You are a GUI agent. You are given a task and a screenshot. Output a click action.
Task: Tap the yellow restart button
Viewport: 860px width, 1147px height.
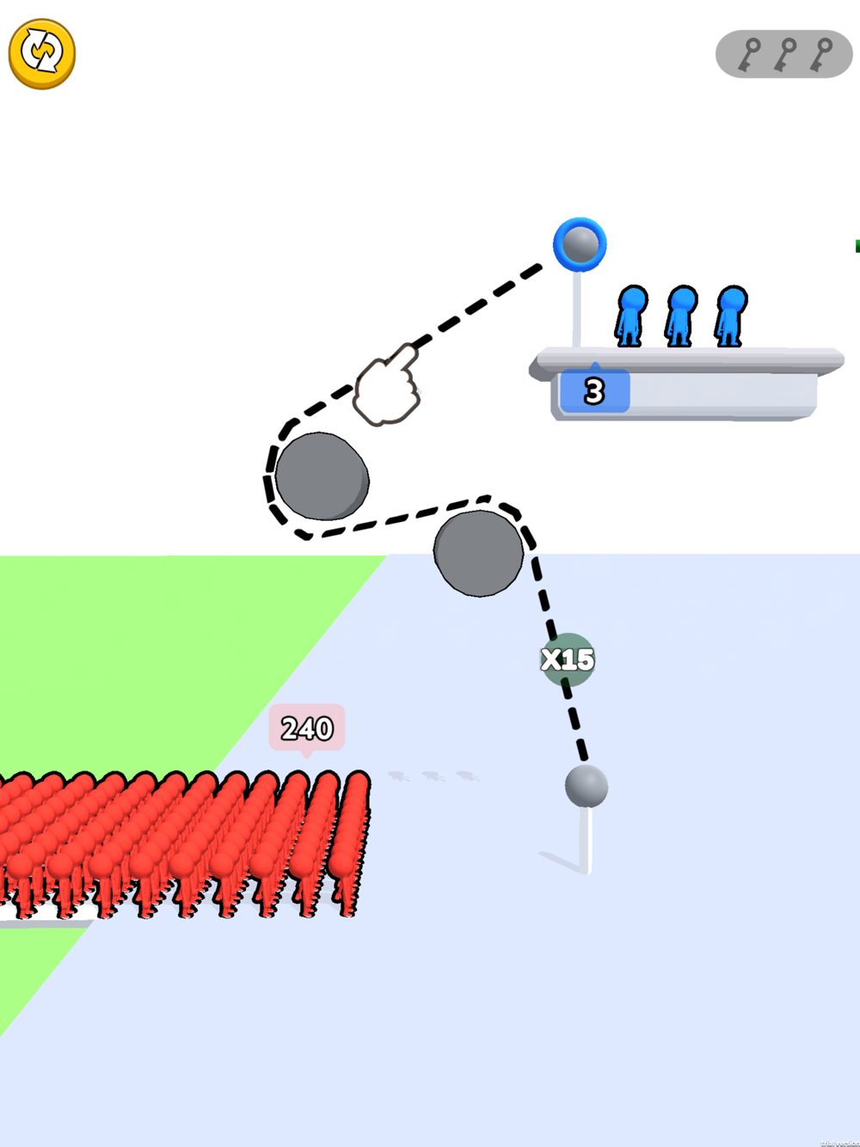point(41,53)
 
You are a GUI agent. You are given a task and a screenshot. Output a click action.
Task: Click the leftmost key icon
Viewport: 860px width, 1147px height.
point(750,54)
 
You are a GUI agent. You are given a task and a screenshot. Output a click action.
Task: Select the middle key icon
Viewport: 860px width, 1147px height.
point(785,54)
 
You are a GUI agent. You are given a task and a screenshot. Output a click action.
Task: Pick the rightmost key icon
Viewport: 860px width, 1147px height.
point(822,54)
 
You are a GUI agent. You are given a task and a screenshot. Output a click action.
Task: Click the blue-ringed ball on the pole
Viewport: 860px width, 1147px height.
point(580,244)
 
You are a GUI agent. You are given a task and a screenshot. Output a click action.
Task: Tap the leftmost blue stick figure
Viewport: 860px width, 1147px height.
point(631,316)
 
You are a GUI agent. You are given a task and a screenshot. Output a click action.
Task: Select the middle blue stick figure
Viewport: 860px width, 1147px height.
point(681,316)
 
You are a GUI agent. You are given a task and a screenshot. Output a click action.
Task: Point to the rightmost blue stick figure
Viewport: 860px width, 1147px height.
point(731,316)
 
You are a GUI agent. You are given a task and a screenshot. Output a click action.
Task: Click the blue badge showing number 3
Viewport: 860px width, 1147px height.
point(594,391)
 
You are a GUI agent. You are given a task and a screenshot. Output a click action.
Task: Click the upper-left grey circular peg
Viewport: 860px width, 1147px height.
point(322,475)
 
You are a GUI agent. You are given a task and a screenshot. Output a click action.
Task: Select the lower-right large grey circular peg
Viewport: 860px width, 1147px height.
point(478,553)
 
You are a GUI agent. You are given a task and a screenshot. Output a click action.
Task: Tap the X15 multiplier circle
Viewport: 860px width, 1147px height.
point(568,659)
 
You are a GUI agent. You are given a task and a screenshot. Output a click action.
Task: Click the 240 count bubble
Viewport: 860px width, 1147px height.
point(307,727)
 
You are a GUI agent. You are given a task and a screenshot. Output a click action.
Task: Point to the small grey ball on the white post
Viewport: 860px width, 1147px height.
point(587,786)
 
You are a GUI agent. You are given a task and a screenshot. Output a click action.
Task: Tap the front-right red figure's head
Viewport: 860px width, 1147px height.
point(355,786)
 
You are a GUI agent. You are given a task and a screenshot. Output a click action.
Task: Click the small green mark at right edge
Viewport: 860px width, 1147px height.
point(857,246)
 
